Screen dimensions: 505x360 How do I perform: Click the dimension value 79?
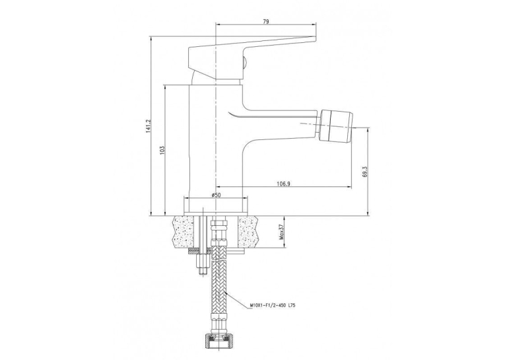[x=266, y=22]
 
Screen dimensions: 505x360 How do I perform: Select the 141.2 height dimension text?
[x=148, y=126]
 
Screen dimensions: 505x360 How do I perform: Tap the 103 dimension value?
[x=162, y=149]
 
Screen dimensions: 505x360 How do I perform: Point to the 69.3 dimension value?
[x=365, y=172]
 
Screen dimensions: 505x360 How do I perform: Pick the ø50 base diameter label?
[x=216, y=195]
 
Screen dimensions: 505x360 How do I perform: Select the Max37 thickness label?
[x=281, y=232]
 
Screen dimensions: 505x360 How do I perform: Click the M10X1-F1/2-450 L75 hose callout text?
[x=272, y=305]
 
